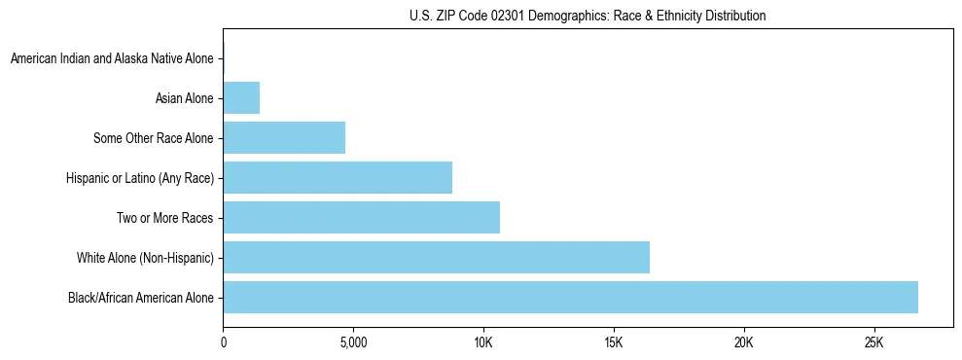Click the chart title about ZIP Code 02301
(x=588, y=17)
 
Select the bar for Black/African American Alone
(x=570, y=297)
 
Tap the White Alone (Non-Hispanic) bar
(x=436, y=257)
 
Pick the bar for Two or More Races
(x=361, y=217)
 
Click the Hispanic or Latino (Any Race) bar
(x=338, y=177)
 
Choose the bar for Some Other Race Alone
(x=284, y=137)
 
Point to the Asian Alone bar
(x=241, y=97)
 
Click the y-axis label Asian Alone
(x=184, y=98)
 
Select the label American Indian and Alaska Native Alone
(x=112, y=58)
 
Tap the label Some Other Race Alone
(x=153, y=138)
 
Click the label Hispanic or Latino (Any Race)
(x=139, y=178)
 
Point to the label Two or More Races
(x=164, y=218)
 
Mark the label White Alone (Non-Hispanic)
(x=145, y=258)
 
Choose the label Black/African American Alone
(x=140, y=298)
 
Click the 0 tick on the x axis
(x=224, y=343)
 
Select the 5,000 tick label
(x=353, y=343)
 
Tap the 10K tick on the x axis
(x=483, y=343)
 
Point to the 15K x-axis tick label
(x=614, y=343)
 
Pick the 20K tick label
(x=744, y=343)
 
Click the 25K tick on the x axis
(x=873, y=343)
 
